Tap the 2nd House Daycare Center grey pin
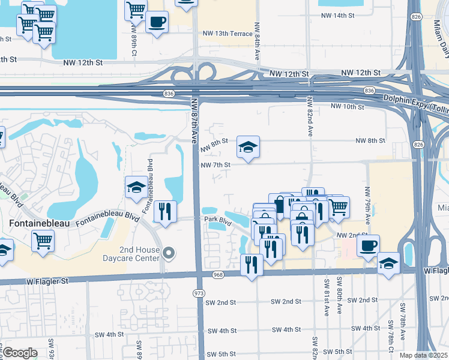click(x=169, y=254)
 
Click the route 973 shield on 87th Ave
click(x=199, y=293)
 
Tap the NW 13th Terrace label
click(x=228, y=34)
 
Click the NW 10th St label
click(x=348, y=107)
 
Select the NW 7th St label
click(x=215, y=165)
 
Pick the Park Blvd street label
click(x=217, y=221)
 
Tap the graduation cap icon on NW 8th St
click(x=248, y=146)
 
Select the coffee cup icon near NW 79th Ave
click(x=368, y=245)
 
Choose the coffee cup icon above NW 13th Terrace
click(x=157, y=22)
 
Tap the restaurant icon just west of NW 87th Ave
click(x=164, y=211)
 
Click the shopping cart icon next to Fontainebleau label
click(x=43, y=241)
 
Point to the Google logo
click(x=19, y=353)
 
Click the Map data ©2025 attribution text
click(x=423, y=355)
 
